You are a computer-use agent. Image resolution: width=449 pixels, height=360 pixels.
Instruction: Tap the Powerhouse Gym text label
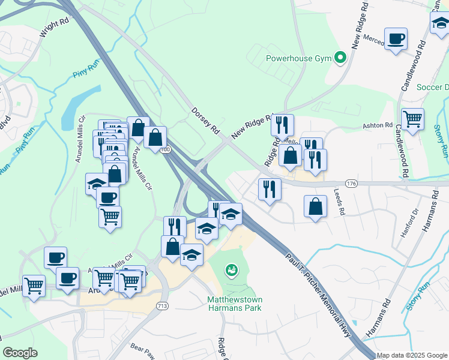298,59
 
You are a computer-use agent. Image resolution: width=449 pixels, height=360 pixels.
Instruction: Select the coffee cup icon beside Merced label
396,40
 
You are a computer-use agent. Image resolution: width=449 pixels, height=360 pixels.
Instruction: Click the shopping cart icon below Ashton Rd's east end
412,119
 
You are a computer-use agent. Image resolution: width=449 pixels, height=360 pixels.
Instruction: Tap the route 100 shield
166,149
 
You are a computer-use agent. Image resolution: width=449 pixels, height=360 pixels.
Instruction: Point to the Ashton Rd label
377,126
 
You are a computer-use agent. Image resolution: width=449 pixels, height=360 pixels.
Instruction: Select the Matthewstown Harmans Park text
235,304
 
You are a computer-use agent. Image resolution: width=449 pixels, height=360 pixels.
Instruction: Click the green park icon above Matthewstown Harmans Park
231,271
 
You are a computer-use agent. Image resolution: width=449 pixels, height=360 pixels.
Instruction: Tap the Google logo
20,353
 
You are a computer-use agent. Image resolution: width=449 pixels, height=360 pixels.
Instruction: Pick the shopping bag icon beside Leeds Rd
315,207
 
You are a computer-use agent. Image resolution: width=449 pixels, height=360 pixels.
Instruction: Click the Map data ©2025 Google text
411,355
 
